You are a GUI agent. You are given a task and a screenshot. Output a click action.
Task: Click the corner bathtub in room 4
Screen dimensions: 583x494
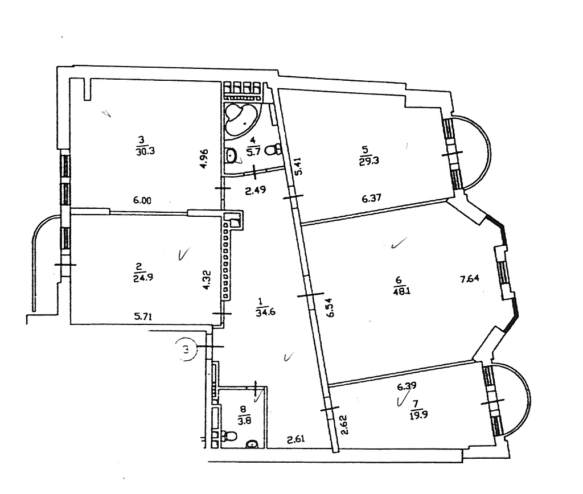point(241,119)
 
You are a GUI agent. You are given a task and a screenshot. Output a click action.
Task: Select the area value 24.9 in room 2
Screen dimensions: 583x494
point(143,277)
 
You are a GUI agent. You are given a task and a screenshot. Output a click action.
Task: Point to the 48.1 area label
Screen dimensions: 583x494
point(401,291)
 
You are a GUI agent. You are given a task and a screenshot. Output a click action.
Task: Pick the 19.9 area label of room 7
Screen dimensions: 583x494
point(418,415)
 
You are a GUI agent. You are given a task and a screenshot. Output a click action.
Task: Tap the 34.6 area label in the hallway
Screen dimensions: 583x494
point(265,312)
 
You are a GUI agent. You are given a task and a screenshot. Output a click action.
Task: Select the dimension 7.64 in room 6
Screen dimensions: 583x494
point(470,278)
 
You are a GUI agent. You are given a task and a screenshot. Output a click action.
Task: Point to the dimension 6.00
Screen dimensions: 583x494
point(142,200)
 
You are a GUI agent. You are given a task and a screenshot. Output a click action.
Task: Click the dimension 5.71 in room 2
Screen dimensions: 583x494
point(143,316)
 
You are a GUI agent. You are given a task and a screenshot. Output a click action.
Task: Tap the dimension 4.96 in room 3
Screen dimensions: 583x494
point(204,159)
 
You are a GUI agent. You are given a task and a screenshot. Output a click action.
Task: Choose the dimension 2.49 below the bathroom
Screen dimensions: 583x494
point(256,190)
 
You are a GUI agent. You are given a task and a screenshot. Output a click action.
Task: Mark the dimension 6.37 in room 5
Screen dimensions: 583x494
point(371,198)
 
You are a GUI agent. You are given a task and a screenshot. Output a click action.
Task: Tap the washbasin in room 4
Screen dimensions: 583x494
point(231,155)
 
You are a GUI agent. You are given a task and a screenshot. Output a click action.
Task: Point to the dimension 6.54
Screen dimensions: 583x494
point(330,307)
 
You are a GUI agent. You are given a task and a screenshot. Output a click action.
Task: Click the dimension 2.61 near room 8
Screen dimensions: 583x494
point(296,439)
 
